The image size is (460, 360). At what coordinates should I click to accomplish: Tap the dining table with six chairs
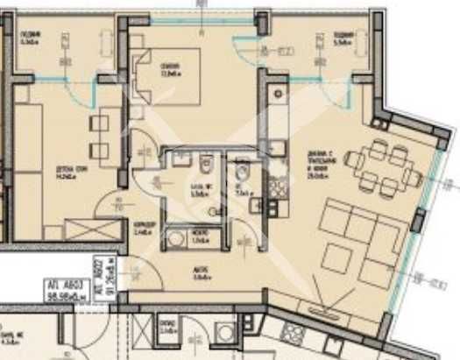(x=381, y=167)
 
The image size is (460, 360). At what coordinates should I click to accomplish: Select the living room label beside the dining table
(x=320, y=162)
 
